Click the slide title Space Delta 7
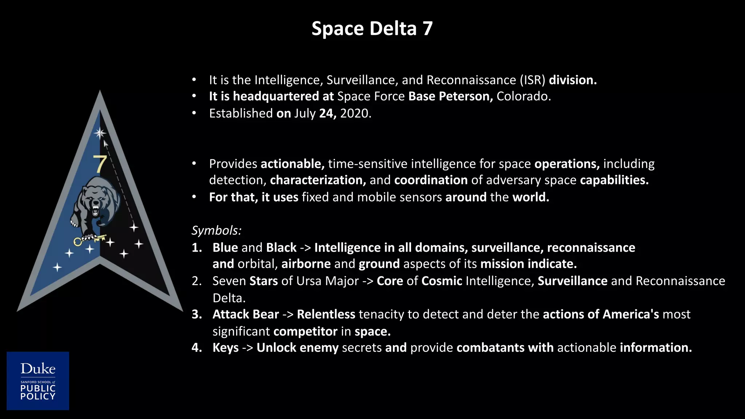click(x=372, y=29)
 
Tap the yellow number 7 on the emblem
click(x=99, y=164)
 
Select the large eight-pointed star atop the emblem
click(x=100, y=133)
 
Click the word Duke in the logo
click(x=38, y=369)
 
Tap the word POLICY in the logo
click(x=38, y=396)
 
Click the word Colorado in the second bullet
click(x=523, y=96)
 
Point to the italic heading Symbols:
click(x=216, y=230)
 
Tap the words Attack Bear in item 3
click(x=246, y=314)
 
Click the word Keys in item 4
click(x=226, y=348)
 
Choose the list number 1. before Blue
click(x=197, y=248)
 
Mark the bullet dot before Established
click(x=194, y=113)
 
